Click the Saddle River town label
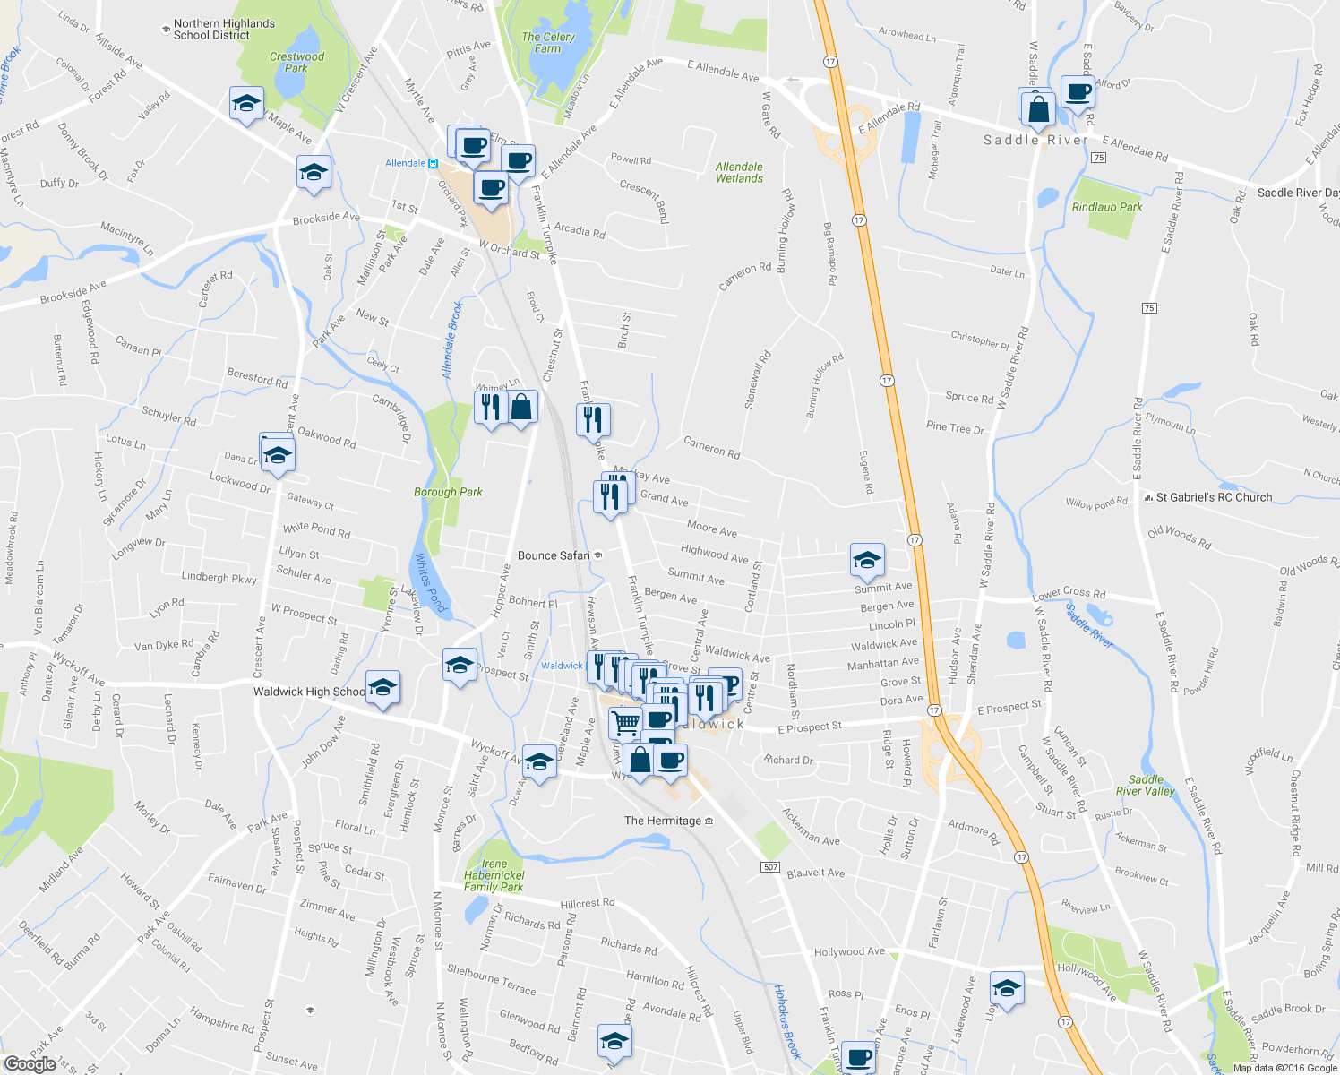point(1035,140)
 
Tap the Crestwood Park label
point(296,62)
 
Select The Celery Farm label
point(547,42)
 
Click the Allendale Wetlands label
point(739,172)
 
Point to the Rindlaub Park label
point(1107,207)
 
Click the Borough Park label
point(448,492)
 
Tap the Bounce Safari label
point(554,555)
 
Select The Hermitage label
point(663,821)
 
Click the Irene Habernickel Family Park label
point(494,875)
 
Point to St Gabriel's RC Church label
point(1214,497)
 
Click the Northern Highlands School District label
point(224,30)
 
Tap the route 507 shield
point(770,867)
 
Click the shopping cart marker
point(626,722)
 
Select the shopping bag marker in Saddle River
point(1039,108)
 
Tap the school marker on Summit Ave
point(867,561)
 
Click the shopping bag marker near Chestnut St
point(522,408)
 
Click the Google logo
point(30,1064)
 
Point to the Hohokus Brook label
point(787,1021)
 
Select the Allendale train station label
point(406,163)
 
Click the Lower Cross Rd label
point(1069,594)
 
